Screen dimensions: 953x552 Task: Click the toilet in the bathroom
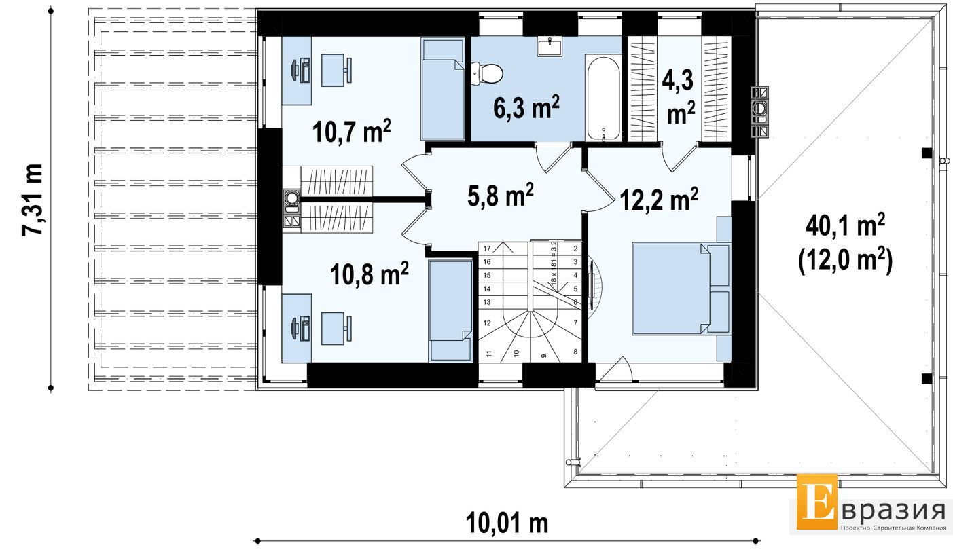tap(487, 73)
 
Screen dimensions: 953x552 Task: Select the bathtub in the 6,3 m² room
tap(603, 97)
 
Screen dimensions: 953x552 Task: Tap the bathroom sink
tap(550, 46)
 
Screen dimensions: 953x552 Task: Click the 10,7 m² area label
tap(351, 130)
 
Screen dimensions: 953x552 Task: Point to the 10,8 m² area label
tap(370, 274)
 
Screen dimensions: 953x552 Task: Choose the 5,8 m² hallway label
tap(501, 195)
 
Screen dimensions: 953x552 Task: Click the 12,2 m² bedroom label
tap(659, 199)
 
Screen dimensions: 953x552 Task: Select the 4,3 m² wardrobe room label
tap(681, 97)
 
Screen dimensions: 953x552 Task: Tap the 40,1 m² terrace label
tap(846, 225)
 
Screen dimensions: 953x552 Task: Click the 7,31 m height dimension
tap(33, 199)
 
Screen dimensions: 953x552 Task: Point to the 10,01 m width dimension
tap(507, 523)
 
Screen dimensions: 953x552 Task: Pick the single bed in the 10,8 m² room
tap(450, 311)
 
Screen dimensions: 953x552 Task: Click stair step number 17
tap(487, 249)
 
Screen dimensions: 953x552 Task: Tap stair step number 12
tap(487, 323)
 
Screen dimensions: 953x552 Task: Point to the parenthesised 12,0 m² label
tap(846, 259)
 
